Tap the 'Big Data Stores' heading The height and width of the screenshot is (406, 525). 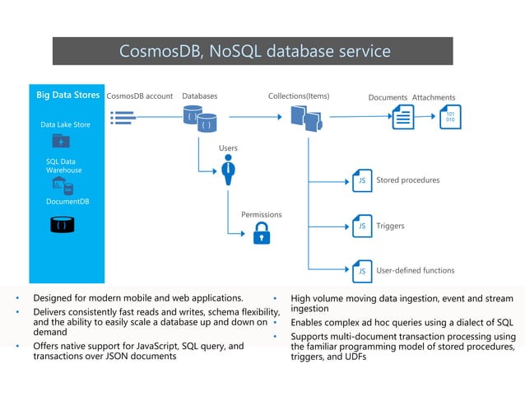click(67, 96)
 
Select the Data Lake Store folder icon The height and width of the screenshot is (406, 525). click(61, 142)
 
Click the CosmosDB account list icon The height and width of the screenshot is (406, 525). click(123, 119)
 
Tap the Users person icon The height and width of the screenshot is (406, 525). click(229, 170)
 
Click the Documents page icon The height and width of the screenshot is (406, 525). click(402, 118)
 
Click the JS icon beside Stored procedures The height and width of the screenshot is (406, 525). click(361, 180)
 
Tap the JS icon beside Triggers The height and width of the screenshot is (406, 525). click(361, 225)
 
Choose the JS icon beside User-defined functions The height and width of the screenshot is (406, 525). click(361, 270)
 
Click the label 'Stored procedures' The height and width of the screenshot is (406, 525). click(407, 180)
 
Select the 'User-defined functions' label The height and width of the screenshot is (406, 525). click(415, 270)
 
